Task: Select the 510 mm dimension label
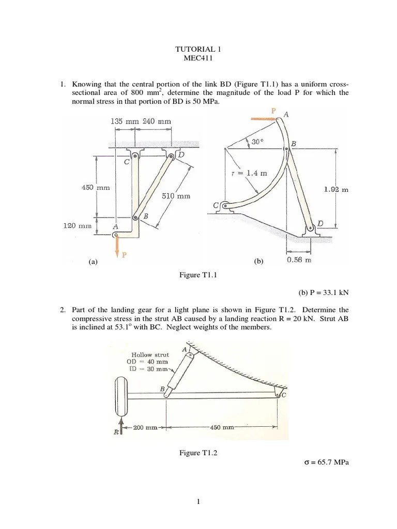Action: point(176,196)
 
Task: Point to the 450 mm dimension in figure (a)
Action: point(96,188)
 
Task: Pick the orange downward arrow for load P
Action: point(117,247)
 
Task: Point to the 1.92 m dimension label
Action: point(336,190)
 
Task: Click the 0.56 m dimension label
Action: point(299,260)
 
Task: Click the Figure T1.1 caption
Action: point(198,275)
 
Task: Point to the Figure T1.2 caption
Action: point(198,453)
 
